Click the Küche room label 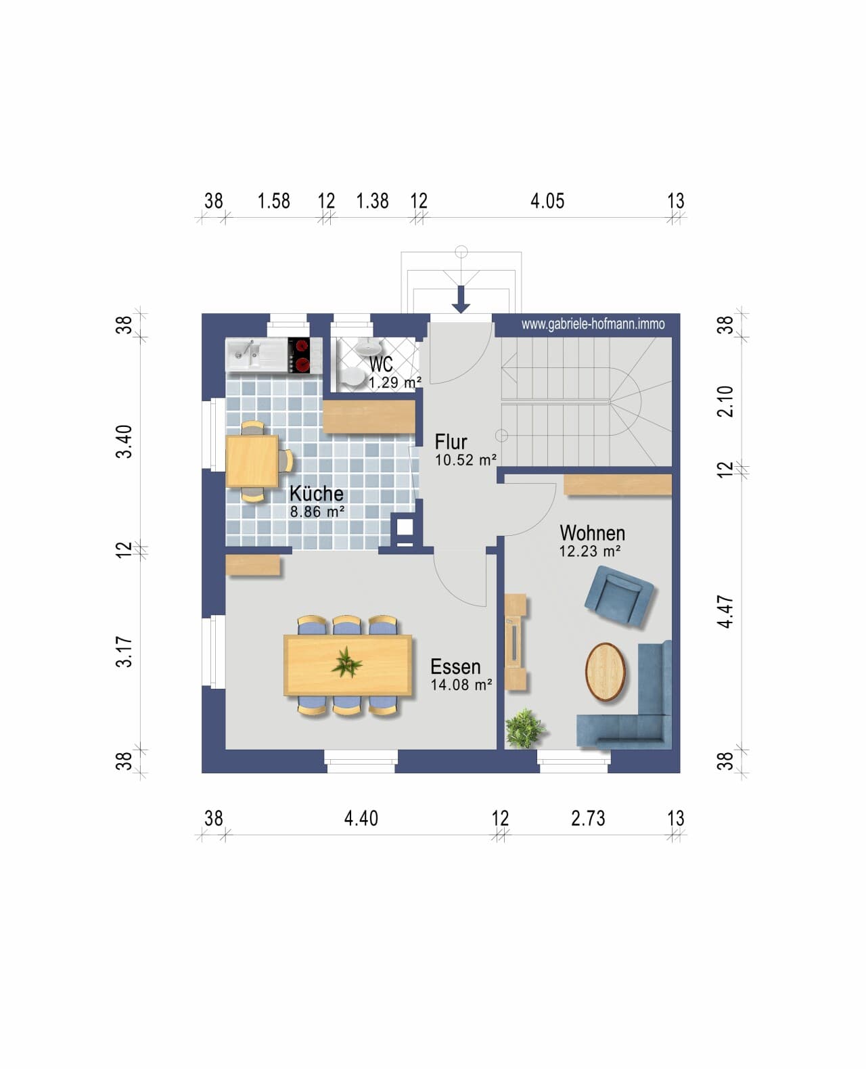tap(316, 494)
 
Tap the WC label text tap(381, 363)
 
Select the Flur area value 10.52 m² tap(465, 459)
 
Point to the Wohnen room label tap(592, 533)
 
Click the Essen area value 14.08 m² tap(461, 685)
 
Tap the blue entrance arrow tap(461, 299)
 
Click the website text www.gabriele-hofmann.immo tap(593, 324)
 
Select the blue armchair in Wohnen tap(618, 595)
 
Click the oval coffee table tap(605, 672)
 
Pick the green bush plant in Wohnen tap(524, 728)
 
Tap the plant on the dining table tap(346, 662)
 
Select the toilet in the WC tap(355, 377)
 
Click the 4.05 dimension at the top tap(547, 201)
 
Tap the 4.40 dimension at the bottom tap(361, 819)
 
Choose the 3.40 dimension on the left tap(124, 442)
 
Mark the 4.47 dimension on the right tap(725, 612)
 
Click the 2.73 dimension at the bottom tap(588, 819)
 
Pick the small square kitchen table tap(252, 461)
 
